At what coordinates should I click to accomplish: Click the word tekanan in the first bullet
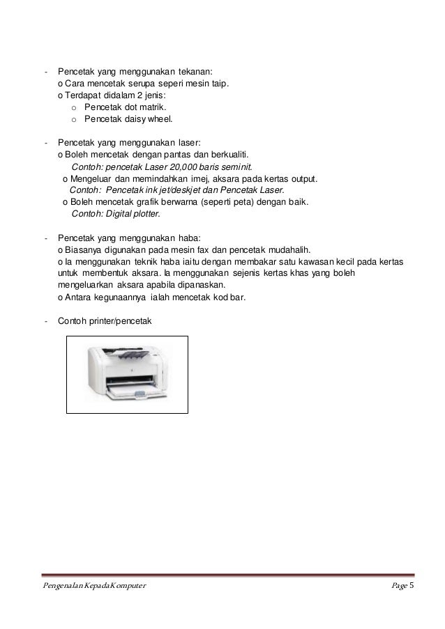pos(199,72)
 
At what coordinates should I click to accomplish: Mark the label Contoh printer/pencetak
pos(110,321)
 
